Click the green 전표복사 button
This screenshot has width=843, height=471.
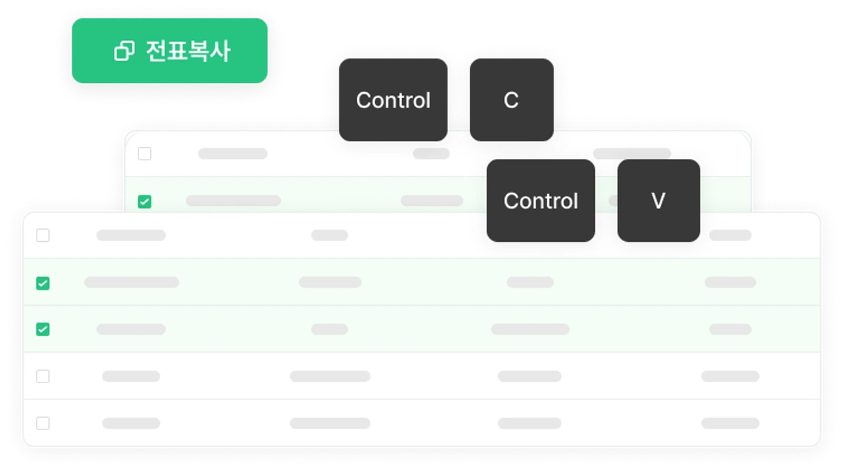pos(170,51)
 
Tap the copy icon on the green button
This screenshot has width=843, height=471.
pos(124,51)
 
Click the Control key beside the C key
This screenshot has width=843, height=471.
pos(393,100)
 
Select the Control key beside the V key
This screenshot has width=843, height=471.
pos(541,200)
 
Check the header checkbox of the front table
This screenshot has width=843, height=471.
pos(43,235)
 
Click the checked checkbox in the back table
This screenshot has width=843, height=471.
pos(145,202)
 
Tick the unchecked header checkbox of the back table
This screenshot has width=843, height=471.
pos(145,154)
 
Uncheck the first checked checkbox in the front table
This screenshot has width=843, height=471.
pos(43,283)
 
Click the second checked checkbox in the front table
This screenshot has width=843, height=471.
pos(43,329)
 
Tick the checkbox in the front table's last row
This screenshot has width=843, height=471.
pos(43,423)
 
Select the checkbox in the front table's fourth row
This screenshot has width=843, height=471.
pos(43,376)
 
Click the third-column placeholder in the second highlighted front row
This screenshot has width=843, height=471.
pos(530,329)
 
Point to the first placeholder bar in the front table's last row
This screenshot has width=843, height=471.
pos(131,423)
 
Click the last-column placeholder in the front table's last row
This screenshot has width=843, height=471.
pos(731,423)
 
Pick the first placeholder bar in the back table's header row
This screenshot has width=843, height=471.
pos(233,154)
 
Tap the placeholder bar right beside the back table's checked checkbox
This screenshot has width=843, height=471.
pos(233,200)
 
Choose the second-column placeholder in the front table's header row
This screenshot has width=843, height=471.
pos(329,235)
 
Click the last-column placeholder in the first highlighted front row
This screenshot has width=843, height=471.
pos(731,282)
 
